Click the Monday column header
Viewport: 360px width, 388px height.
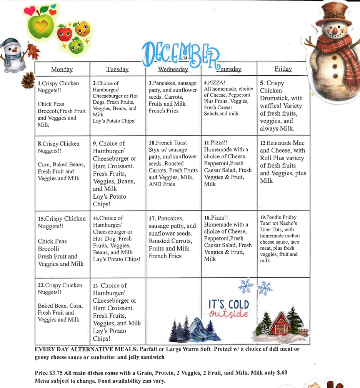click(62, 70)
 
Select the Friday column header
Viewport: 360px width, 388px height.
click(283, 69)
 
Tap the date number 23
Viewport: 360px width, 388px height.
click(96, 286)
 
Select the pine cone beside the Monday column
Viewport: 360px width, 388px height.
click(28, 80)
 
